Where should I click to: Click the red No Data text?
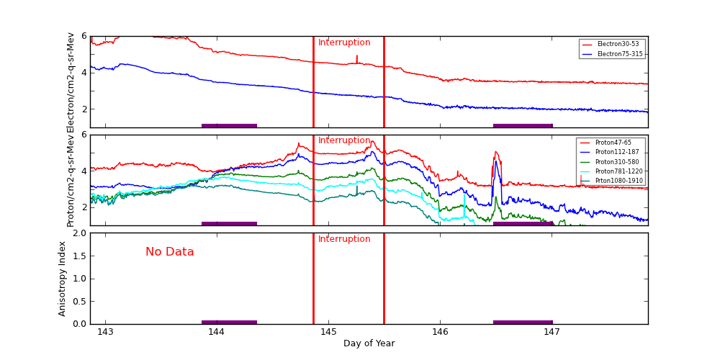tap(170, 252)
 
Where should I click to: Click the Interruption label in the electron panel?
tap(344, 43)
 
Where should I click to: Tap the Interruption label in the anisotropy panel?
tap(344, 239)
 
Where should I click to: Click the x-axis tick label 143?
tap(105, 332)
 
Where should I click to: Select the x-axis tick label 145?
tap(328, 332)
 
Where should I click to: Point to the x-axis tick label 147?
tap(552, 332)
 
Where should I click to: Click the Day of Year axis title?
tap(369, 343)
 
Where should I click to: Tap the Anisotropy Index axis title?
tap(63, 278)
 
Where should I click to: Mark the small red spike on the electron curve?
tap(356, 58)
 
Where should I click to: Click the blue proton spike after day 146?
tap(495, 163)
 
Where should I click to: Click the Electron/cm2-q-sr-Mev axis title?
tap(71, 82)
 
